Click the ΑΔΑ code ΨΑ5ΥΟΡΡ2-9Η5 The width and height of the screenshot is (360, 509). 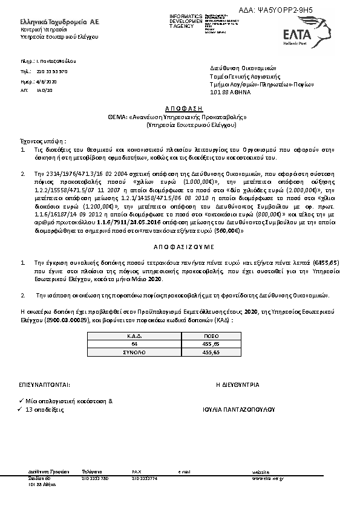[x=301, y=11]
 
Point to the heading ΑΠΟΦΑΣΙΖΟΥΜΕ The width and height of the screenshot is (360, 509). [x=180, y=248]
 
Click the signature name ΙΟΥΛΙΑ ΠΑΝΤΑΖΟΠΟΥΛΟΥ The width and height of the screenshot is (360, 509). [x=241, y=409]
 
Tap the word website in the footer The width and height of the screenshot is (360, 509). [x=261, y=470]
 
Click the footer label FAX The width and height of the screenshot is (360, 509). [x=136, y=470]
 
